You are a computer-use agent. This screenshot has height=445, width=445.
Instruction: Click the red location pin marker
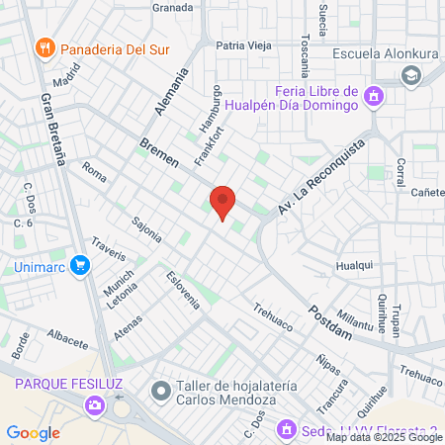click(222, 202)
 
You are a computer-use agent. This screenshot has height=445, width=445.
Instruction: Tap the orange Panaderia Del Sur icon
click(44, 47)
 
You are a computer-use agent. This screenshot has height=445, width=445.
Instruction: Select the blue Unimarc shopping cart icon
click(80, 265)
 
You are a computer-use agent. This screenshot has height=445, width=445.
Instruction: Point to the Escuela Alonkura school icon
click(409, 75)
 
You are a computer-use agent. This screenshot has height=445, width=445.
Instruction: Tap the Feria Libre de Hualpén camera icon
click(374, 96)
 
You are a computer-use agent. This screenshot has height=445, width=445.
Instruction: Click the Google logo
click(33, 432)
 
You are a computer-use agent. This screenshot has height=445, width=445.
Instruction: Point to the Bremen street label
click(158, 152)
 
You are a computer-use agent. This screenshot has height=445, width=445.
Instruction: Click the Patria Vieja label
click(243, 44)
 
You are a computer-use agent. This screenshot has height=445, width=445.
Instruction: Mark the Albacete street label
click(67, 337)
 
